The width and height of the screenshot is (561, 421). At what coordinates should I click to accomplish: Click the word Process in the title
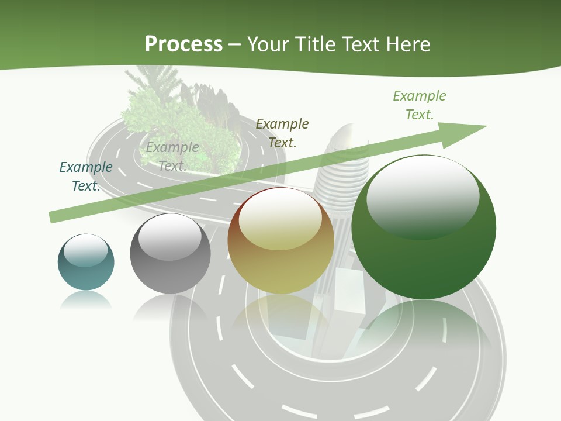point(183,44)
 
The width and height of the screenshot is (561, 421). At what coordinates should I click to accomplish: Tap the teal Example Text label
point(86,176)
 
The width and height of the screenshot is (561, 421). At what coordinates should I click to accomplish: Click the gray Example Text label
point(172,156)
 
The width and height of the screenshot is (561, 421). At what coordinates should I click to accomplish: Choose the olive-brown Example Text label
point(282,133)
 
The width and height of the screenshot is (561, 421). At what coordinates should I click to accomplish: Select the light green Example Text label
point(420,105)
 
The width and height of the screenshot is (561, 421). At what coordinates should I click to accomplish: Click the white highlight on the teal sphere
point(85,251)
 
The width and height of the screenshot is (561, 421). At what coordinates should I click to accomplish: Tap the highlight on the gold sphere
point(280,220)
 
